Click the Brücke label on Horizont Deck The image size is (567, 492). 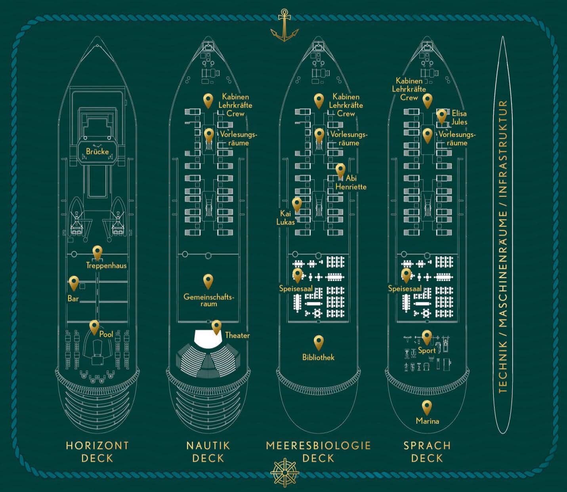(x=97, y=151)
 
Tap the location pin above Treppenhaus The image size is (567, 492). (x=97, y=252)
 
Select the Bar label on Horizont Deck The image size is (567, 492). (x=73, y=299)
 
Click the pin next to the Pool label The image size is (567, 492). (x=94, y=327)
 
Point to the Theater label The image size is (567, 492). (x=237, y=336)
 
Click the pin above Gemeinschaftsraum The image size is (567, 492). (x=208, y=280)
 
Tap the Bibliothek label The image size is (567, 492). (x=318, y=357)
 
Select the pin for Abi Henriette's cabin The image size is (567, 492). (x=340, y=170)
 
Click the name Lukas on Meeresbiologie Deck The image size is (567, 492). (x=286, y=222)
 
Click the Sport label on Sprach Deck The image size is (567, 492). (x=427, y=350)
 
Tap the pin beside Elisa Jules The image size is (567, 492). (x=442, y=116)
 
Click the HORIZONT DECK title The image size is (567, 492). (x=97, y=452)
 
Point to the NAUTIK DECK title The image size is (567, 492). (x=208, y=452)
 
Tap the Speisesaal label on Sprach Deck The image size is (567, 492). (x=405, y=289)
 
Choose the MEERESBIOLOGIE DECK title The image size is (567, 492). (x=318, y=452)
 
